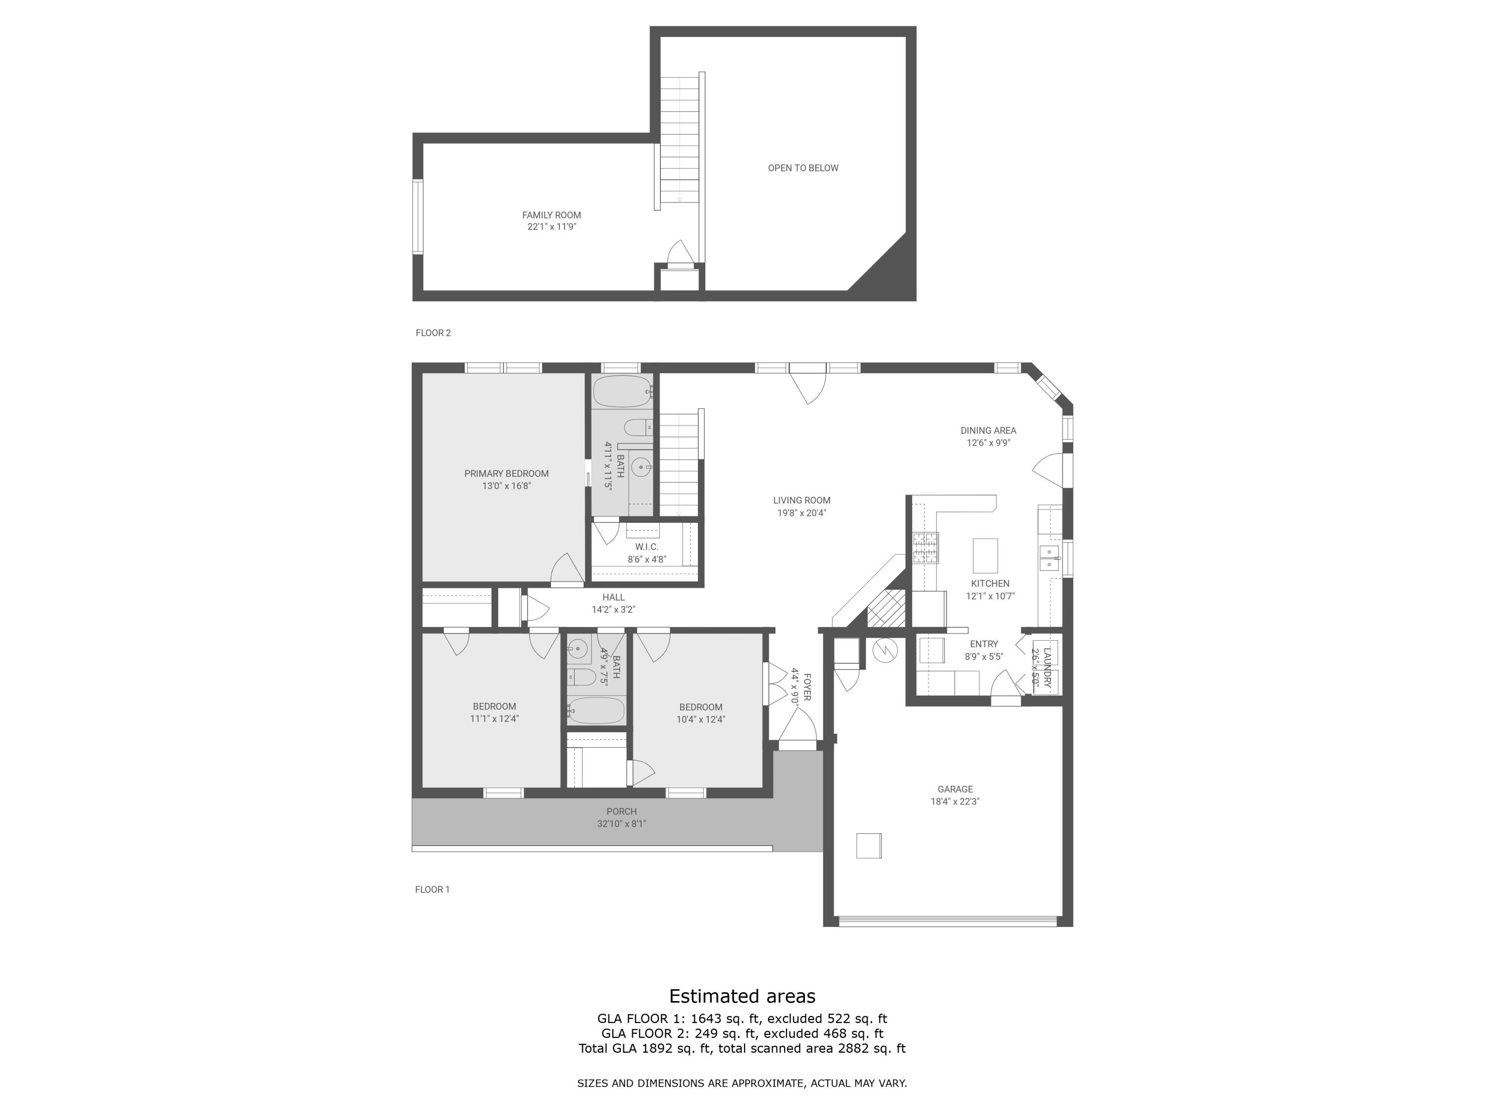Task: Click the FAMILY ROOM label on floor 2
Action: tap(551, 215)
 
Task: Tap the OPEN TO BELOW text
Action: tap(803, 168)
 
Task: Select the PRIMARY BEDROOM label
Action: tap(506, 473)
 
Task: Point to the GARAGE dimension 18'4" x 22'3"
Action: tap(955, 801)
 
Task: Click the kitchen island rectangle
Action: tap(985, 556)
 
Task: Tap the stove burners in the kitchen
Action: tap(925, 547)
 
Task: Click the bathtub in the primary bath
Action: tap(622, 392)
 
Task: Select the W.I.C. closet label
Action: tap(646, 547)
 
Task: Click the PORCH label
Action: tap(621, 811)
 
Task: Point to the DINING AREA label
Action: tap(988, 430)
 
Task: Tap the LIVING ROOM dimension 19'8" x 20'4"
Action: tap(801, 513)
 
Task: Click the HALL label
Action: tap(613, 597)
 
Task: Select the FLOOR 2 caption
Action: tap(433, 332)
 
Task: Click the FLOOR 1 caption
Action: tap(432, 889)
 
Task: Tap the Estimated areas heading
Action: tap(742, 996)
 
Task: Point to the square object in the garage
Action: tap(868, 846)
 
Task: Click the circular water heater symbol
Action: tap(884, 650)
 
